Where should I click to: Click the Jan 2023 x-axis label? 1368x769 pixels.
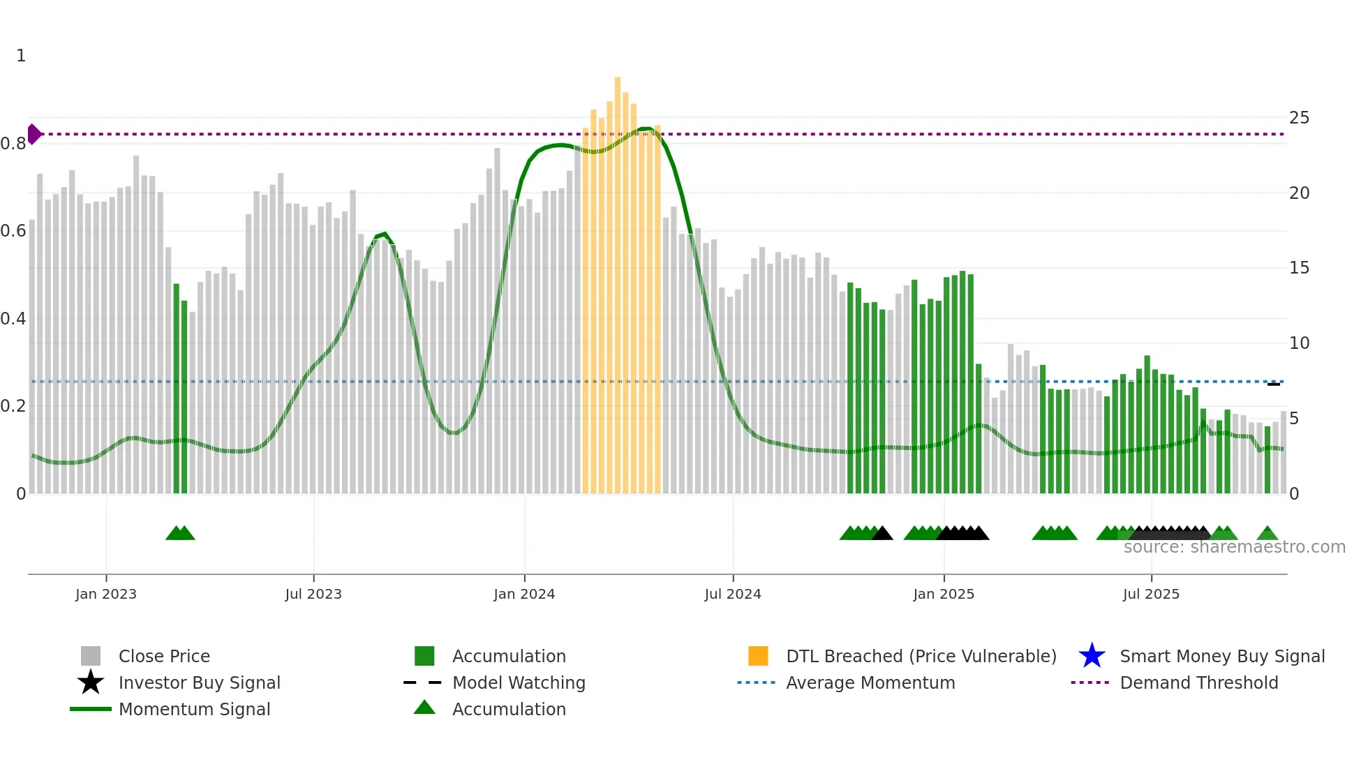pos(106,595)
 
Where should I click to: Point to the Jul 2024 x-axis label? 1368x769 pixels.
pos(733,595)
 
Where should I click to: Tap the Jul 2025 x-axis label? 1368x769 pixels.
pos(1151,595)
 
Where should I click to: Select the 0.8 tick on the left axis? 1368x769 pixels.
pos(13,144)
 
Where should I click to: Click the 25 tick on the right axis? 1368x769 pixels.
pos(1299,118)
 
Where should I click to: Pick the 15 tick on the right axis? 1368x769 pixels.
pos(1299,268)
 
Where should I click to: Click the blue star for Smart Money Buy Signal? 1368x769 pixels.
pos(1092,656)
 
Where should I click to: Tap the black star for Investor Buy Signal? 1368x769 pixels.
pos(91,682)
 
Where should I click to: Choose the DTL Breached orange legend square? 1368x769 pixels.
pos(758,656)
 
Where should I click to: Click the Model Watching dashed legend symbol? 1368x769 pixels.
pos(423,682)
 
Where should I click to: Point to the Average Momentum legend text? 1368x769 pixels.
pos(870,682)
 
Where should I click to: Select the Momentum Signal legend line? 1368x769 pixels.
pos(91,709)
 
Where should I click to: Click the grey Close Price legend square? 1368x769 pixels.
pos(91,656)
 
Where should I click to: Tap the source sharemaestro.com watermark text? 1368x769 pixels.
pos(1234,547)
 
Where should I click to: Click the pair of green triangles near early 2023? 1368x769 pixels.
pos(180,533)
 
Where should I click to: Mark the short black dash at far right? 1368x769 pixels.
pos(1274,384)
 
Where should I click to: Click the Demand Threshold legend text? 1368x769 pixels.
pos(1198,682)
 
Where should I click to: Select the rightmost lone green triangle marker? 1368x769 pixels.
pos(1267,534)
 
